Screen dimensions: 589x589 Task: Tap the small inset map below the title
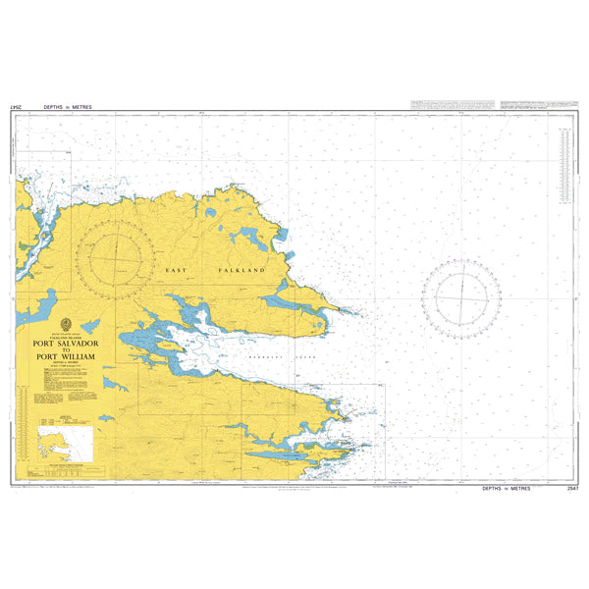pyautogui.click(x=63, y=438)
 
